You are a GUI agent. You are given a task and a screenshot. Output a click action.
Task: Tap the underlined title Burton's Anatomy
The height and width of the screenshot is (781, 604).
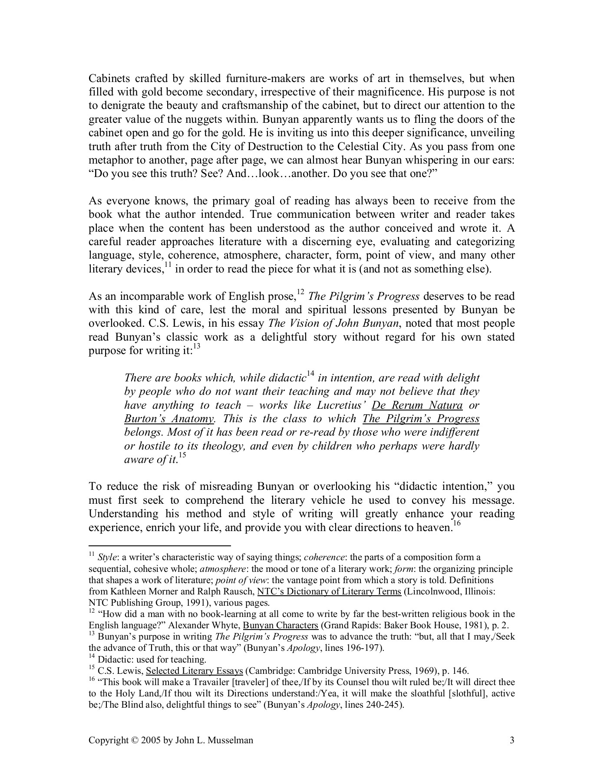coord(169,419)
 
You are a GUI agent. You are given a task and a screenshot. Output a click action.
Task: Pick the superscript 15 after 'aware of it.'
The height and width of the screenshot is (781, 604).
coord(182,456)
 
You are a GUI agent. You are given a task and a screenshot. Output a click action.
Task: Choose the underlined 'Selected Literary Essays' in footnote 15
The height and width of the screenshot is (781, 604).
coord(194,671)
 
